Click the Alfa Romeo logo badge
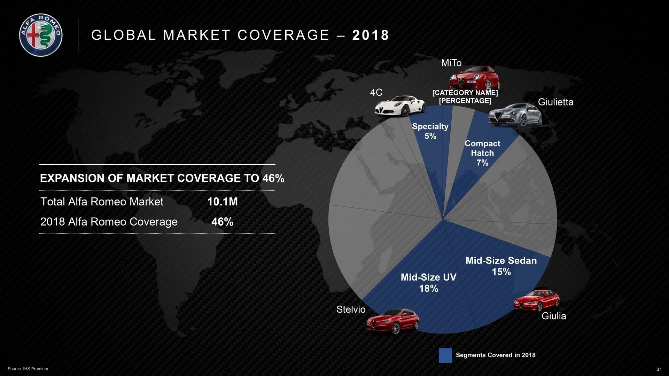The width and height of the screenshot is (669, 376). (x=41, y=35)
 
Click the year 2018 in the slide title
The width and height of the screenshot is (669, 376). (x=371, y=35)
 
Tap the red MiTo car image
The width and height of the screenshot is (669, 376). (x=474, y=78)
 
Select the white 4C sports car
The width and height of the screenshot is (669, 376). (x=400, y=105)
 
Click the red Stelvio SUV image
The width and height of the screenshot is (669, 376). (x=392, y=321)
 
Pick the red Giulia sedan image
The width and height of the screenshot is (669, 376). (x=537, y=300)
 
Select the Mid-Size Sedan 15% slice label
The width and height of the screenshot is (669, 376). (x=501, y=266)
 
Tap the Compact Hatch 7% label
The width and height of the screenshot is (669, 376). (x=482, y=153)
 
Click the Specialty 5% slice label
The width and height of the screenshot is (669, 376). (x=430, y=131)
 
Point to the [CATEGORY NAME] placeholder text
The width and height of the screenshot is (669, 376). (x=465, y=93)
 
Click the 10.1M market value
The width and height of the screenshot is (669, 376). (x=222, y=202)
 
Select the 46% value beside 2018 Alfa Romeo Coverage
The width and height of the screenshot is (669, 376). (x=222, y=222)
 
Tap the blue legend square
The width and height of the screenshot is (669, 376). (x=445, y=355)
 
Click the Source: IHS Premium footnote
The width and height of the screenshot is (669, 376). (x=28, y=369)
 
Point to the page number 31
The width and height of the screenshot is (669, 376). (x=659, y=369)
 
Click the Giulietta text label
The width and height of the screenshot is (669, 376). (x=555, y=102)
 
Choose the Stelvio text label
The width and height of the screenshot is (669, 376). (x=351, y=310)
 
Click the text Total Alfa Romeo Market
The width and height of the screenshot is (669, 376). (x=102, y=202)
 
